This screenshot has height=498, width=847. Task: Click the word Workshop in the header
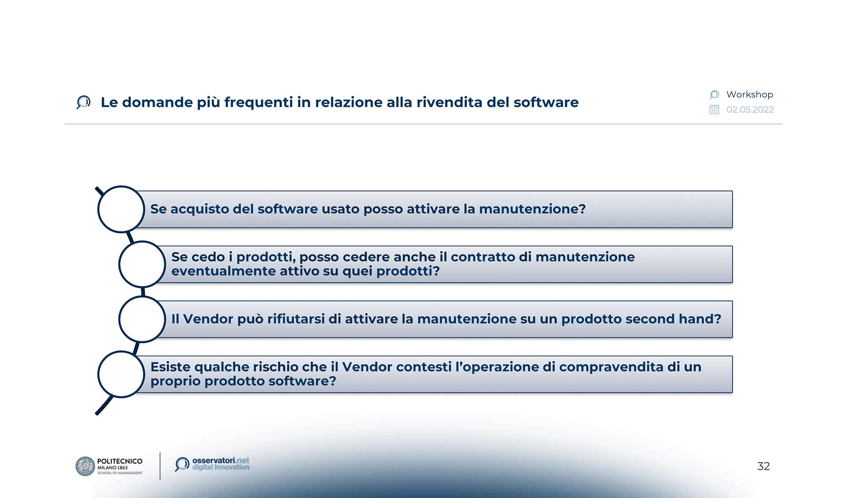click(x=749, y=95)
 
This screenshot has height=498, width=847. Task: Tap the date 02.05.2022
click(x=750, y=110)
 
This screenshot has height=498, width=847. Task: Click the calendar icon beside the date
click(x=714, y=110)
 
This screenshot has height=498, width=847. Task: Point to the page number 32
click(x=763, y=466)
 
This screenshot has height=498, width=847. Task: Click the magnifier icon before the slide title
click(x=83, y=102)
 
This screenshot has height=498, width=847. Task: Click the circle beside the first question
click(x=121, y=209)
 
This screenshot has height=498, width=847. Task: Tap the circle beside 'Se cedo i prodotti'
click(x=142, y=264)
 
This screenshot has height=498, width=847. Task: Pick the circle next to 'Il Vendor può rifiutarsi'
click(x=142, y=319)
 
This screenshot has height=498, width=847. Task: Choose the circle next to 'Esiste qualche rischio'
click(x=121, y=374)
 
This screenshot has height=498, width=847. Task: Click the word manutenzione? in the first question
click(x=532, y=209)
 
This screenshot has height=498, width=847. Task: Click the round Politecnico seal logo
click(x=85, y=466)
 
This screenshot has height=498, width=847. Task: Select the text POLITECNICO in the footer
click(x=120, y=461)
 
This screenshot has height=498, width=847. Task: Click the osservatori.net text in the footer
click(x=220, y=460)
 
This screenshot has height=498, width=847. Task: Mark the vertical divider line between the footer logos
click(x=160, y=466)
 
